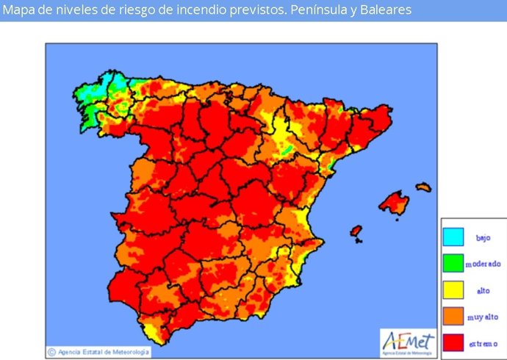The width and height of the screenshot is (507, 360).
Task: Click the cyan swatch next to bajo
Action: tap(453, 237)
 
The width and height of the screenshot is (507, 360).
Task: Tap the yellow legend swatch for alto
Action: tap(453, 289)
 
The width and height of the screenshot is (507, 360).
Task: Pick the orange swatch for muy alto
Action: tap(453, 316)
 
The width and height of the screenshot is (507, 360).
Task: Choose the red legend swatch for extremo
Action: tap(453, 342)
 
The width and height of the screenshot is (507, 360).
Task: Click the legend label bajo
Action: tap(483, 237)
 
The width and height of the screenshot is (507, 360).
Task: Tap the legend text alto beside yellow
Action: tap(483, 290)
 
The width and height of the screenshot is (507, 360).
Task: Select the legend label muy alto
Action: tap(483, 317)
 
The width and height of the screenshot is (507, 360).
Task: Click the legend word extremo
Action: tap(483, 343)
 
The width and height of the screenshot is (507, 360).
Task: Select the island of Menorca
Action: tap(423, 187)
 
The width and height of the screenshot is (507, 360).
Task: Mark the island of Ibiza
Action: tap(356, 231)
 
